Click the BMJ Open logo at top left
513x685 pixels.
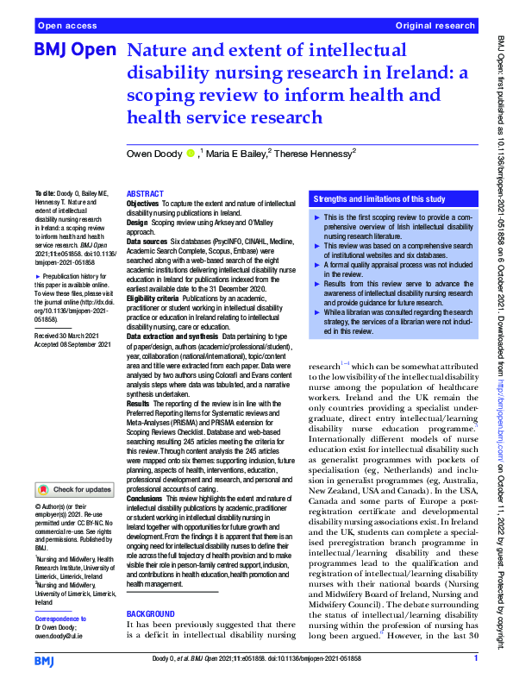[x=73, y=51]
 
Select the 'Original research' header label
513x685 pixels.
[x=436, y=27]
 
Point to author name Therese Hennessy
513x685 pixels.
[x=314, y=154]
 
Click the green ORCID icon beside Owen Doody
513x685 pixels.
[x=191, y=154]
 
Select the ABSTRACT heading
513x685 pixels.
[x=145, y=195]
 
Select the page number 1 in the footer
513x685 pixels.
[x=475, y=659]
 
